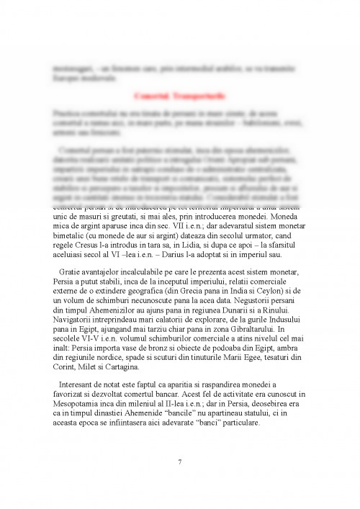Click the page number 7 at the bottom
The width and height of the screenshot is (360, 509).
pos(179,461)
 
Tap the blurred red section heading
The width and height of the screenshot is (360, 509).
pos(179,95)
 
